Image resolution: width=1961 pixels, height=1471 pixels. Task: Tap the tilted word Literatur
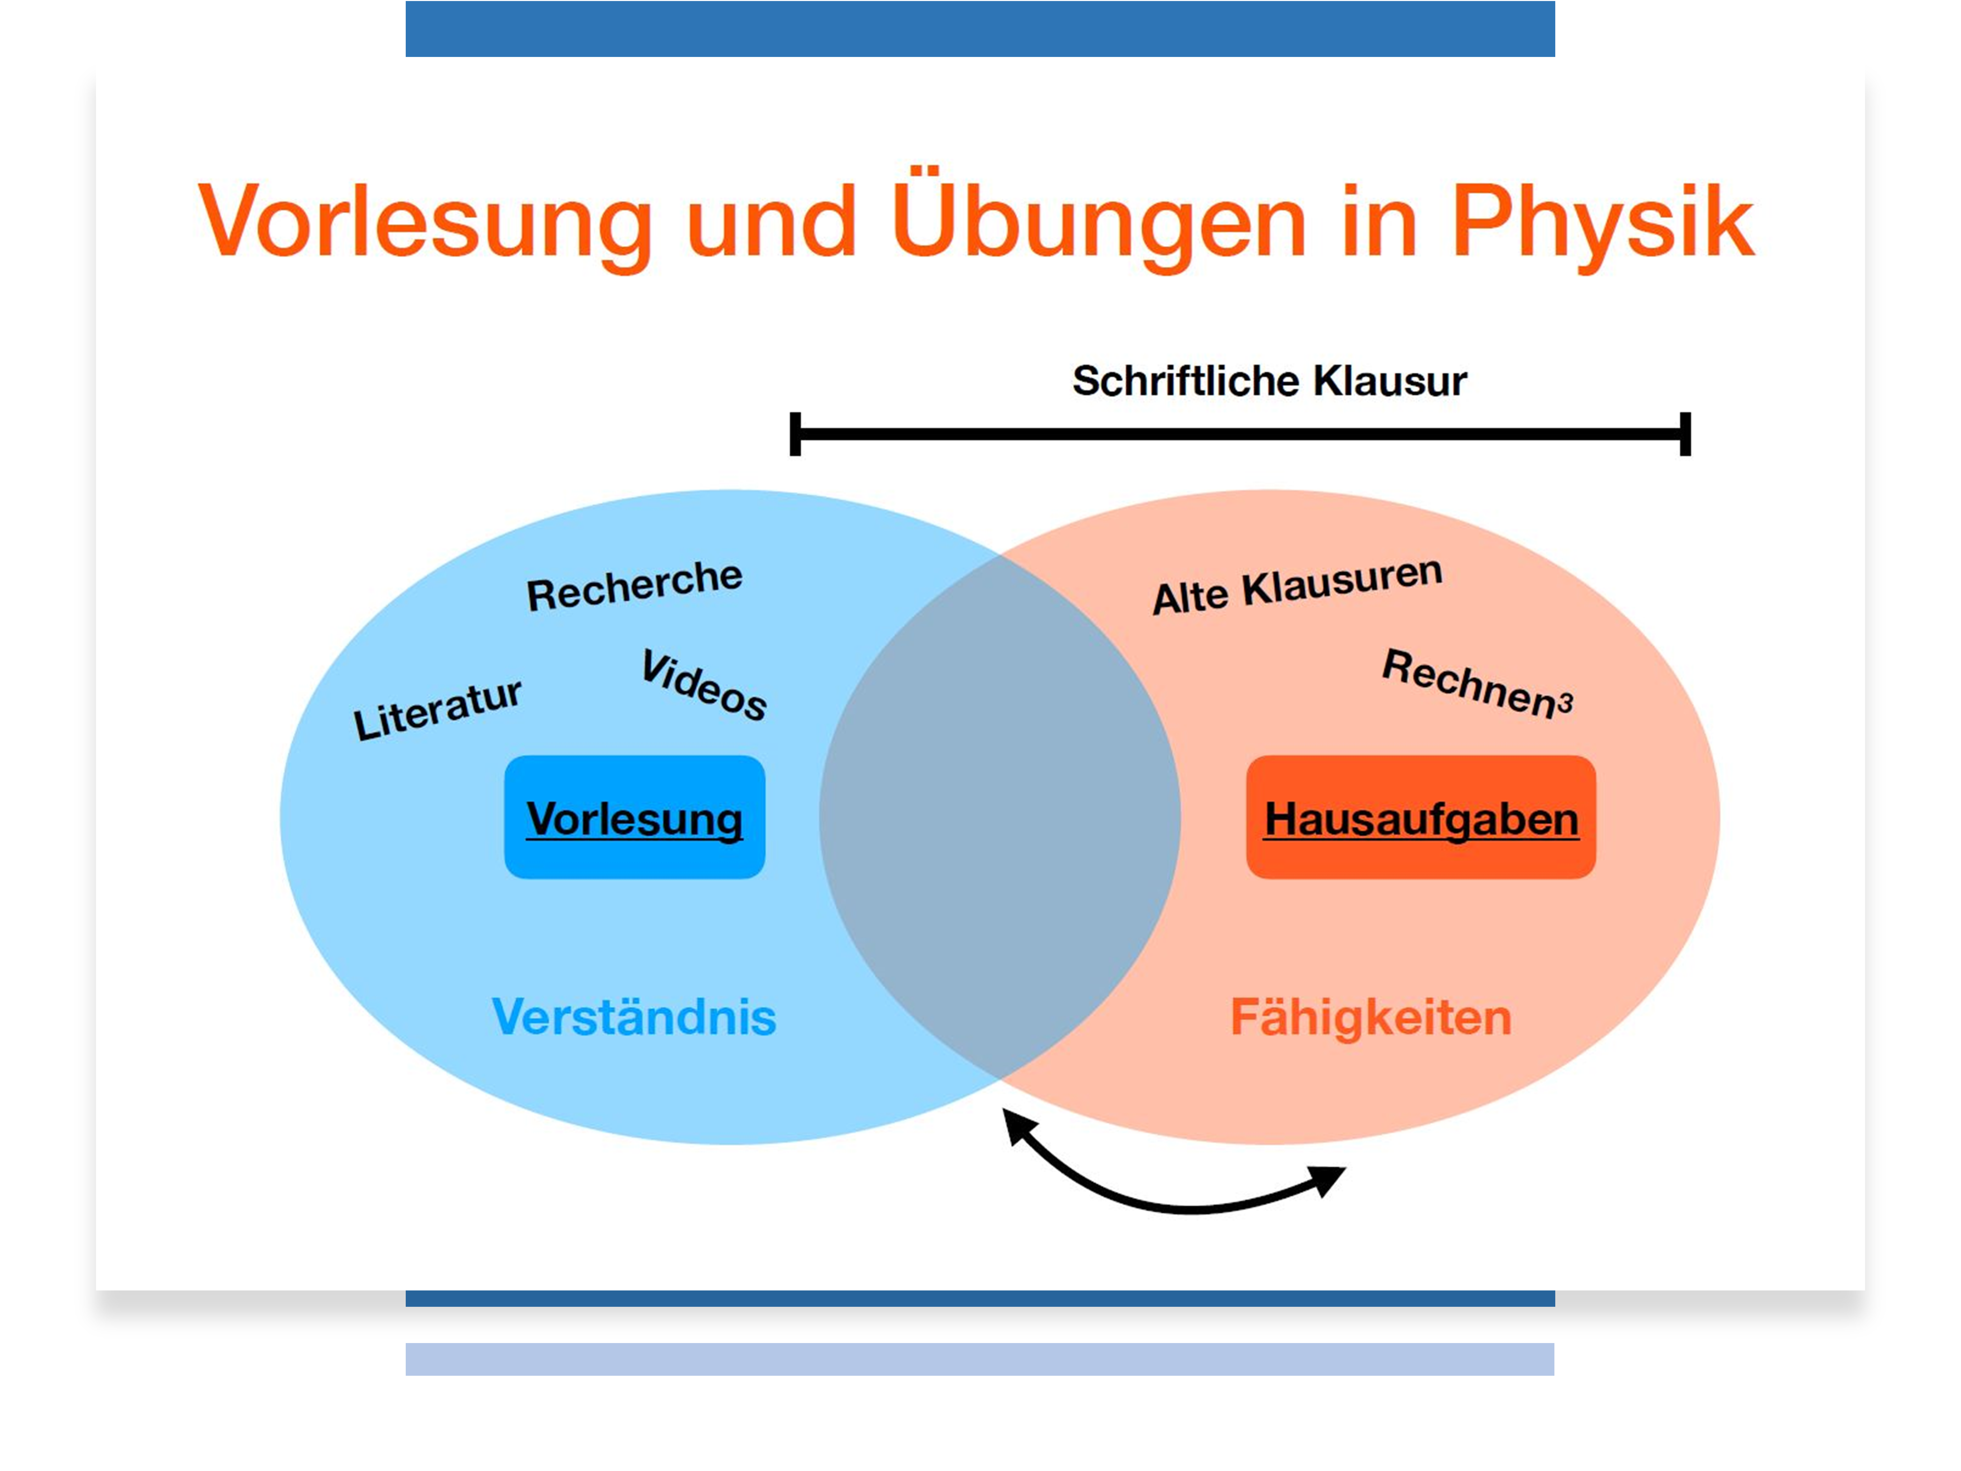[437, 709]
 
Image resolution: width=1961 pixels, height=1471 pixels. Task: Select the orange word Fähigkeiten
[1371, 1018]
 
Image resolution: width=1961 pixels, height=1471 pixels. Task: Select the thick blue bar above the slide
[980, 28]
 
